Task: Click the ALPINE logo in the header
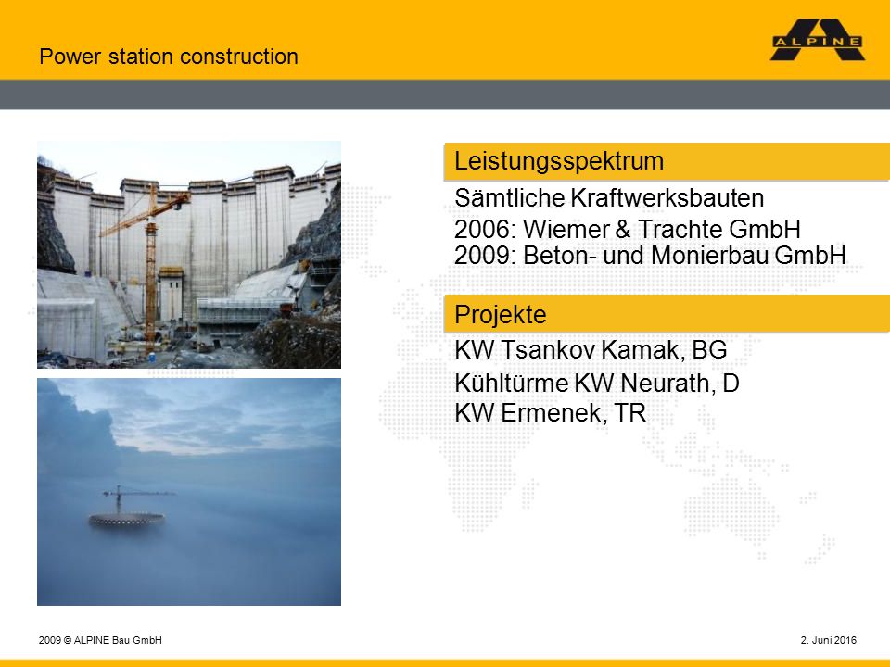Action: [818, 40]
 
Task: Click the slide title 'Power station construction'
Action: [169, 57]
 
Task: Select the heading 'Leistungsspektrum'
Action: [559, 161]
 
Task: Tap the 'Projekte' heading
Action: [500, 314]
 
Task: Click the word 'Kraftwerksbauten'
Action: [667, 198]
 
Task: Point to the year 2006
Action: [486, 230]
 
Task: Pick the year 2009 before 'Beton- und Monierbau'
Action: [486, 256]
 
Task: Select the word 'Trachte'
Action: [680, 230]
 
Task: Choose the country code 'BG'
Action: [709, 350]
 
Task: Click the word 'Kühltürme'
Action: [512, 383]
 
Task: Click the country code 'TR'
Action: [630, 413]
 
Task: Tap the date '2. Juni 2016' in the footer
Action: [828, 640]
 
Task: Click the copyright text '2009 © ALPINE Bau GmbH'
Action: [100, 640]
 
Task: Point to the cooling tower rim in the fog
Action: [127, 519]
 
